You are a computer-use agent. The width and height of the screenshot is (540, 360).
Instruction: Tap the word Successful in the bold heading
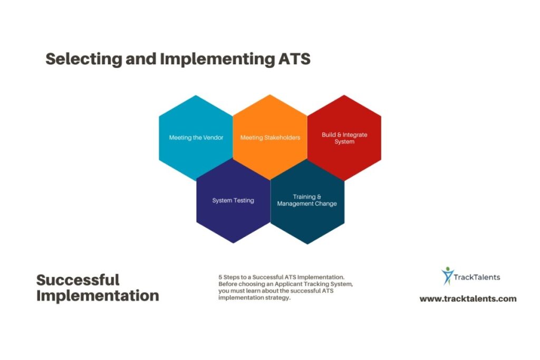click(x=78, y=279)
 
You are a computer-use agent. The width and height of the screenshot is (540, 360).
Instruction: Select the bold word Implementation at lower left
click(x=98, y=296)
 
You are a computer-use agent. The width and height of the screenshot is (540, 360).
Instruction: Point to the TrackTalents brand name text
click(x=478, y=277)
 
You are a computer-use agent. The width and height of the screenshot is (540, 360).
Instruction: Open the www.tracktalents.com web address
click(x=468, y=299)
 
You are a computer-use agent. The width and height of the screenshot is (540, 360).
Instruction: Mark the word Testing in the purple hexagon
click(x=244, y=200)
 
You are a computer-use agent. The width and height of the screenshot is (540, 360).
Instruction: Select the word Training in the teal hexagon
click(x=304, y=197)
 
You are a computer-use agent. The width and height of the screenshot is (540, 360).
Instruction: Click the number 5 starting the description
click(x=220, y=277)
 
